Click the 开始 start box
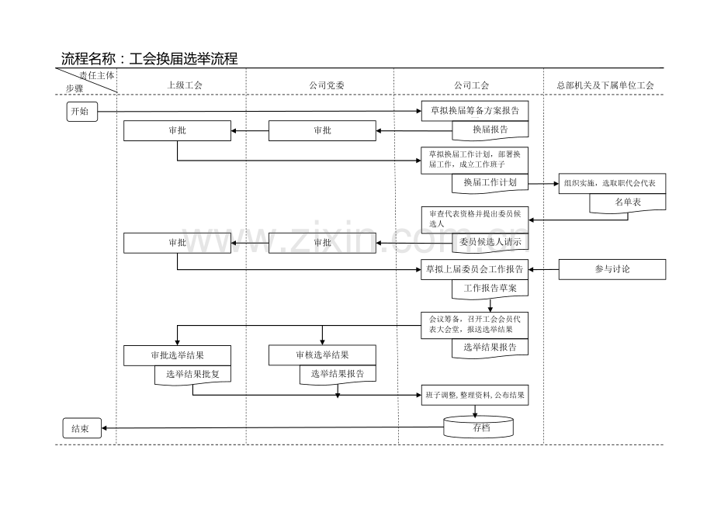tap(81, 112)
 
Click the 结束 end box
tap(81, 428)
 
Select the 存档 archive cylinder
tap(479, 427)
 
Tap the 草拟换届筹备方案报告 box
tap(474, 111)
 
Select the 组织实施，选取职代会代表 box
tap(611, 184)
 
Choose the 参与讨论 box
tap(612, 269)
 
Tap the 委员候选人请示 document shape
tap(490, 243)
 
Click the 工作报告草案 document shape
tap(490, 289)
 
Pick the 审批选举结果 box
tap(177, 355)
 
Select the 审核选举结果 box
tap(322, 355)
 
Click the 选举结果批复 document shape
tap(192, 375)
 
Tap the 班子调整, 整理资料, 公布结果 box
tap(475, 395)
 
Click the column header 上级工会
tap(185, 85)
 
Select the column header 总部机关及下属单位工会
tap(605, 85)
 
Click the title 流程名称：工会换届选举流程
tap(149, 59)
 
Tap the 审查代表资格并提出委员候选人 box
tap(474, 218)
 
